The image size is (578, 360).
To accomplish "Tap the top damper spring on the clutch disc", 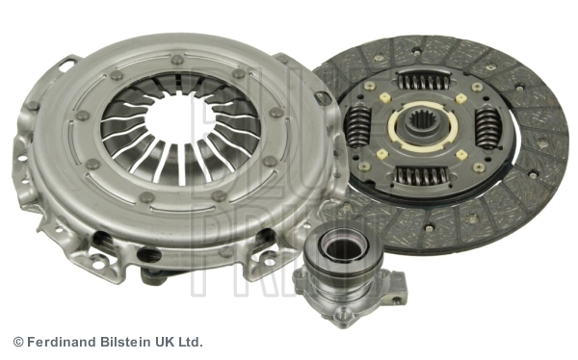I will [x=423, y=81].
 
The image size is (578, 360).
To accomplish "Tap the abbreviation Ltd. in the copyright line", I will [x=191, y=342].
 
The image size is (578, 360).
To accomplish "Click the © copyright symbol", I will [x=17, y=342].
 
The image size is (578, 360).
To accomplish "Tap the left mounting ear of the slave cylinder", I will [x=302, y=278].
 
